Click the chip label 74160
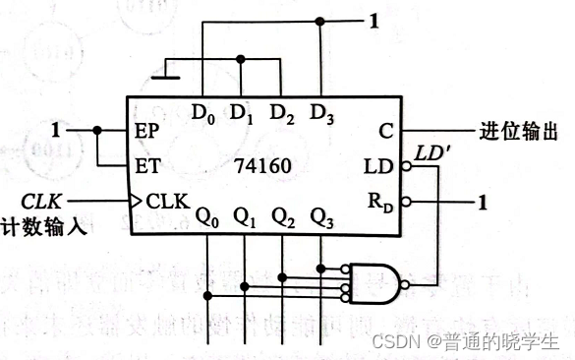[262, 167]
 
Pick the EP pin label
[146, 130]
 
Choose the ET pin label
[146, 166]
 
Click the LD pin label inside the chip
[377, 166]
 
